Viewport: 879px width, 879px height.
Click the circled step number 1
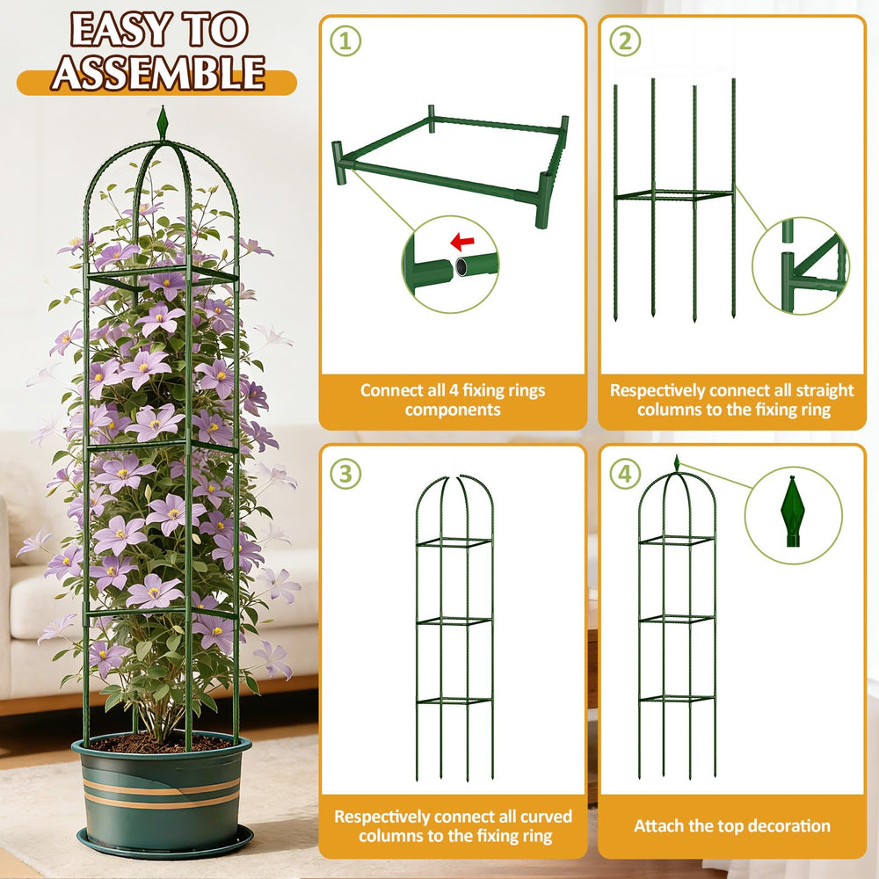(345, 41)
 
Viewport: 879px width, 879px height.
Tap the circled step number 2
(625, 41)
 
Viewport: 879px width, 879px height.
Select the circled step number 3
(345, 474)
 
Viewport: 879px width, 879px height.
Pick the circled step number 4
(625, 474)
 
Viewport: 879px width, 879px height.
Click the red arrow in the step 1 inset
(462, 242)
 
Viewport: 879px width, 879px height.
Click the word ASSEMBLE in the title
(158, 73)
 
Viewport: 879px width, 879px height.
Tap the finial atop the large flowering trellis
(163, 122)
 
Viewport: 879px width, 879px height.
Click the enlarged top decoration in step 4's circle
(793, 512)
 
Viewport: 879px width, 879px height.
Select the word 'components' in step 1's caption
(453, 410)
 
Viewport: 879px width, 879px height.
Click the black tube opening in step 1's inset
(461, 267)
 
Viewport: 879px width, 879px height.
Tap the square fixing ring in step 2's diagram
(674, 195)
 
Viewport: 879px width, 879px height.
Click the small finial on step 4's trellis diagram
(677, 463)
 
